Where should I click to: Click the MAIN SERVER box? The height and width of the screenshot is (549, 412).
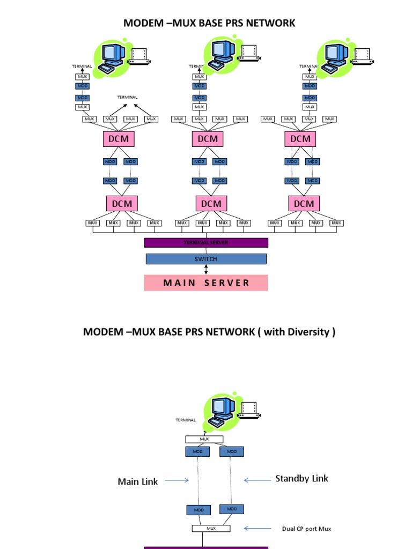coord(205,283)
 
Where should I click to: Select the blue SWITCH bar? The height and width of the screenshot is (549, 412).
coord(206,259)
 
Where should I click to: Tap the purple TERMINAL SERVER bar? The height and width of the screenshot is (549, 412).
coord(206,243)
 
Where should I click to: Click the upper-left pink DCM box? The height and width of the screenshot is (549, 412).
coord(119,139)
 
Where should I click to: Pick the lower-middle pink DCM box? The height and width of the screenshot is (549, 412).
coord(211,203)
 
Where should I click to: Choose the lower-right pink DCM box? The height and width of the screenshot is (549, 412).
coord(304,203)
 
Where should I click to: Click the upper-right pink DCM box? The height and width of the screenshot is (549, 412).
coord(300,139)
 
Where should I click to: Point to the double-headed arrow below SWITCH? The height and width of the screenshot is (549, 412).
coord(206,269)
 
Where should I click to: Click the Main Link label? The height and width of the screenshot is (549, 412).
coord(138,481)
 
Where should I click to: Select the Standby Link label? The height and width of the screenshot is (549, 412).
coord(301,478)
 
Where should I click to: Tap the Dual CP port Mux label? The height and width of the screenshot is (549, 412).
coord(306,529)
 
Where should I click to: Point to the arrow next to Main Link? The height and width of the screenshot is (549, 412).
coord(176,480)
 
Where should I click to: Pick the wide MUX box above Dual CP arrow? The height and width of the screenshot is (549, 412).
coord(211,528)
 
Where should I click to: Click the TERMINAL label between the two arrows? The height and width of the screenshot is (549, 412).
coord(128,97)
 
